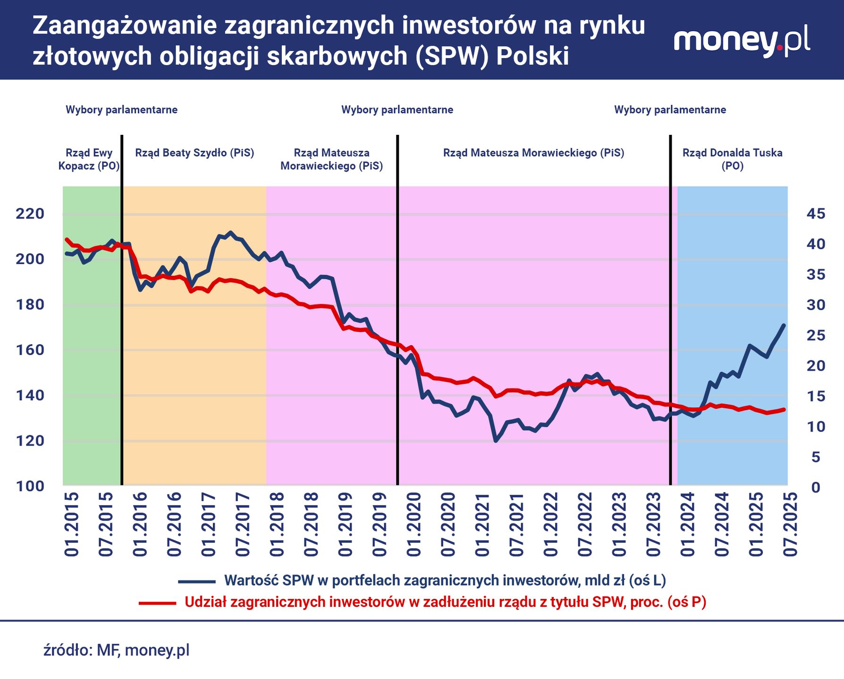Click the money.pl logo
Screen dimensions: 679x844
pos(742,41)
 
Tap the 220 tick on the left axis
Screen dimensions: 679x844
pos(30,214)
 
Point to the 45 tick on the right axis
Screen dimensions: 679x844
pos(816,214)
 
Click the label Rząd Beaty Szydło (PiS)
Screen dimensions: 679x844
pos(194,153)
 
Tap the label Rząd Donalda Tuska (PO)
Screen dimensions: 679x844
pos(732,159)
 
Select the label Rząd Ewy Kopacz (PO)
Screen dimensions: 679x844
pos(89,159)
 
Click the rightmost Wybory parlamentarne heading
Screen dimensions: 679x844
pos(670,110)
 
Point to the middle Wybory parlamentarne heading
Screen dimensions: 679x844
pos(397,110)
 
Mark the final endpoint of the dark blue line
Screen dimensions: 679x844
pos(784,325)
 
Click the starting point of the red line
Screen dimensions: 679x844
pos(67,240)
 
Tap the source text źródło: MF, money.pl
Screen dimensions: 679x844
pos(116,650)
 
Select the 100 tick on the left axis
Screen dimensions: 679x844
pos(30,486)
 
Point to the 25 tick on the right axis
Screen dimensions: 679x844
pos(816,335)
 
